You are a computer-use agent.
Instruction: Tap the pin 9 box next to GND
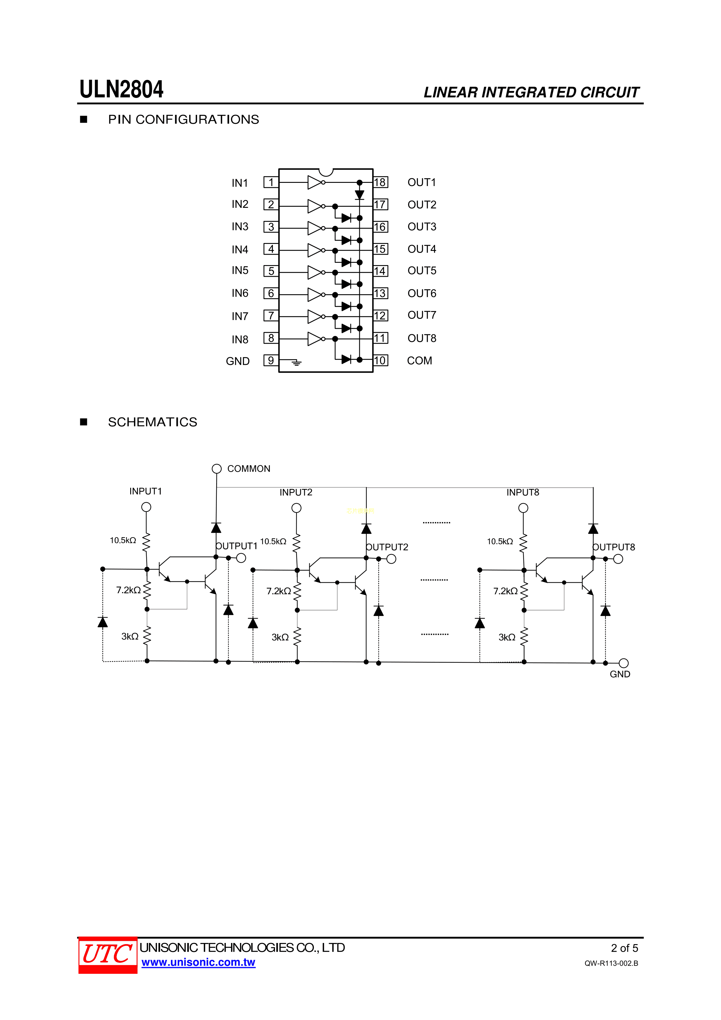(271, 360)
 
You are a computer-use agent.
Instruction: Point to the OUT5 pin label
(422, 271)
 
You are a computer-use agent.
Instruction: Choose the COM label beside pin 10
(419, 361)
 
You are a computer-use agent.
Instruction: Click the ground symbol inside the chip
(296, 363)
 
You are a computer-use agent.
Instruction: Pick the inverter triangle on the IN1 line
(314, 182)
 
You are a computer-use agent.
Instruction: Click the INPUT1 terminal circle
(146, 507)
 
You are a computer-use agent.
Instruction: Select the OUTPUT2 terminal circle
(391, 559)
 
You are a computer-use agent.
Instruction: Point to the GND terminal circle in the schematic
(624, 663)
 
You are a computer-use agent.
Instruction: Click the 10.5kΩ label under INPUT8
(500, 542)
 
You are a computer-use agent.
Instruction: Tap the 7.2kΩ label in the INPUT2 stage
(278, 591)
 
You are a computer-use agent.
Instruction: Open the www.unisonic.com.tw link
(198, 962)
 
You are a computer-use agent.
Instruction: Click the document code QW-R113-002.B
(611, 963)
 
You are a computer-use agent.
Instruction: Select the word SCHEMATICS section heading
(152, 422)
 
